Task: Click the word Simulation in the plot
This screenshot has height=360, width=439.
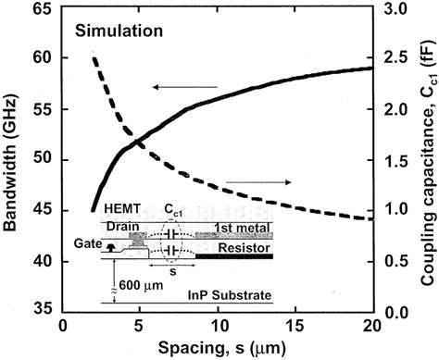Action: (x=119, y=31)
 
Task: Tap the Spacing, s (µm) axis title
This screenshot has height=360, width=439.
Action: (x=216, y=349)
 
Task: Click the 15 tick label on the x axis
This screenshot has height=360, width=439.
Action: (x=294, y=326)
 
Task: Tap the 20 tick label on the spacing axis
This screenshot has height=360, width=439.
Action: (x=370, y=326)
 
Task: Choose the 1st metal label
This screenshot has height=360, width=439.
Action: (x=235, y=228)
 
